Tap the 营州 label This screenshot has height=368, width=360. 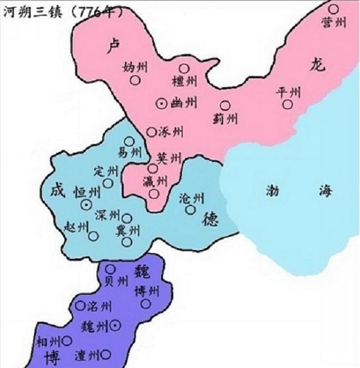tap(332, 22)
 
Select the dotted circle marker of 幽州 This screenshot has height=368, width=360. tap(162, 103)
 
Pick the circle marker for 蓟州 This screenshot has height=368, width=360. tap(225, 105)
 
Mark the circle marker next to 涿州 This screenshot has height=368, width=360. tap(152, 132)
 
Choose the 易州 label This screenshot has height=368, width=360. tap(130, 153)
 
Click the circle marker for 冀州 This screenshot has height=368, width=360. tap(127, 242)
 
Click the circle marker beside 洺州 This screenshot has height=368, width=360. tap(80, 306)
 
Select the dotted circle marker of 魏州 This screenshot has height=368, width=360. tap(116, 325)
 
